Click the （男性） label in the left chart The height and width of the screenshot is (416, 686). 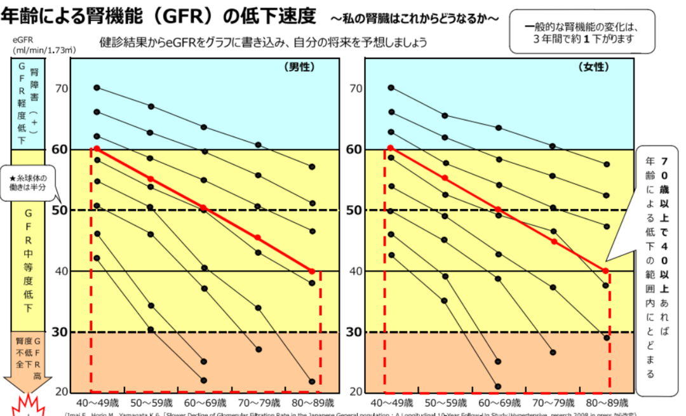[300, 67]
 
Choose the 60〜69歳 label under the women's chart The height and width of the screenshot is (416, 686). [498, 403]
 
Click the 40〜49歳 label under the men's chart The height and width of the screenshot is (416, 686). [97, 403]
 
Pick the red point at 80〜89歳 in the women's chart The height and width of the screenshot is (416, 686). [606, 271]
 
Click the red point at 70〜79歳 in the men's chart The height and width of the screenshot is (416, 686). [258, 238]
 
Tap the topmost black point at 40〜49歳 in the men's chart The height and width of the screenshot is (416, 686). [97, 88]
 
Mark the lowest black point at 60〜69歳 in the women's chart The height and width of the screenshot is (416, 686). [498, 386]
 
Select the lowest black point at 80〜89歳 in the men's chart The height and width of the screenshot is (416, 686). [312, 382]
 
